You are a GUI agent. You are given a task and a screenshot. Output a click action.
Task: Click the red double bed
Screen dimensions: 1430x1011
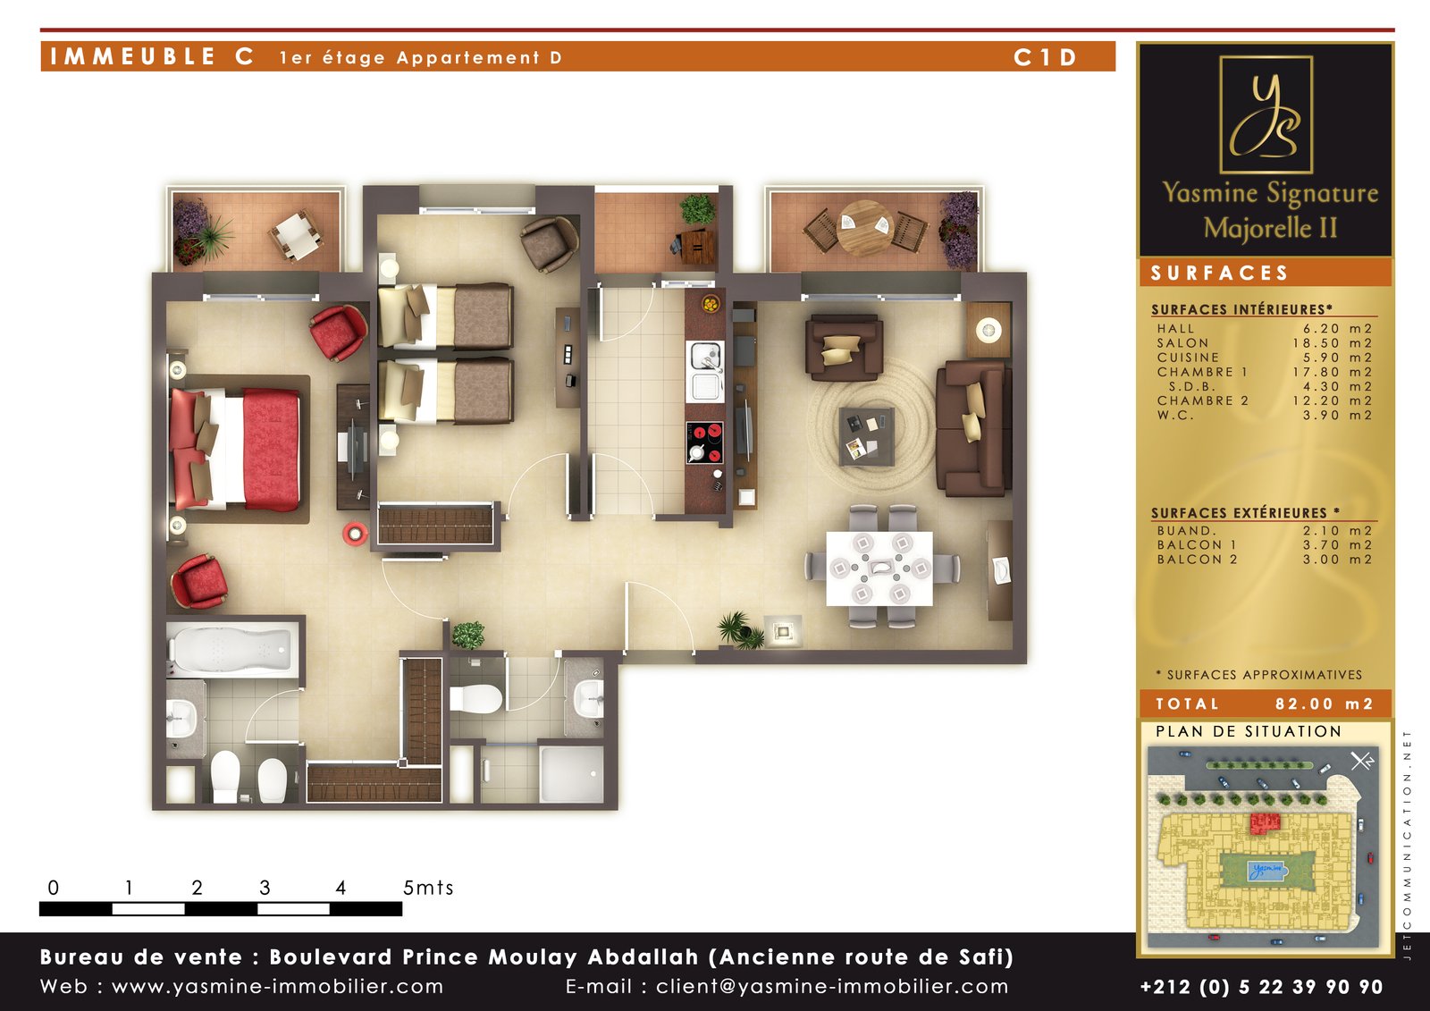point(235,450)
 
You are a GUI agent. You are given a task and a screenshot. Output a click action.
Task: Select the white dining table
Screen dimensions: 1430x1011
point(879,569)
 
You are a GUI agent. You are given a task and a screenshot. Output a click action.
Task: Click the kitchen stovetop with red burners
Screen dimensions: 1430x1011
point(705,442)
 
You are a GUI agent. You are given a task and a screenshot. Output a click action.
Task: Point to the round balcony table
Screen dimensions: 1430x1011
point(865,227)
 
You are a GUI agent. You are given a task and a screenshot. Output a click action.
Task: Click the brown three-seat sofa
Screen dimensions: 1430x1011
point(973,428)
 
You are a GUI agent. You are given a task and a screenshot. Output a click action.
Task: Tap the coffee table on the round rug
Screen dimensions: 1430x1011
point(866,437)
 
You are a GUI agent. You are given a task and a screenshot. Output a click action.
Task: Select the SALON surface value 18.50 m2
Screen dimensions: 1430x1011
point(1333,343)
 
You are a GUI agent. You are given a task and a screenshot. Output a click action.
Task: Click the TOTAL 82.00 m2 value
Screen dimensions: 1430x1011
point(1324,703)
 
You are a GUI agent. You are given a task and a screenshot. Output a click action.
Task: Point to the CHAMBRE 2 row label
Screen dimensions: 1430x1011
point(1202,400)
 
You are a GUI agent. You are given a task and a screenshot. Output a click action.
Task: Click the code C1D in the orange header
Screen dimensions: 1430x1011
point(1045,57)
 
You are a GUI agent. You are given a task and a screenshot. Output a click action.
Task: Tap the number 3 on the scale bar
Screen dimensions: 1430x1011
point(265,887)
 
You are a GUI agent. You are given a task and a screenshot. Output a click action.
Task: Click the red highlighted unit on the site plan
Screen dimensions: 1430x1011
point(1265,823)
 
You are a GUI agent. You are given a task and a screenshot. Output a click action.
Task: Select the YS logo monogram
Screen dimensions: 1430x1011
point(1266,115)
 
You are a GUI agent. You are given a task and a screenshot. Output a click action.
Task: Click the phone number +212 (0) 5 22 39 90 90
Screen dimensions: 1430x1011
point(1261,987)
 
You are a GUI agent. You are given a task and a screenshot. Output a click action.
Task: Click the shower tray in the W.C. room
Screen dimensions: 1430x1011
point(571,774)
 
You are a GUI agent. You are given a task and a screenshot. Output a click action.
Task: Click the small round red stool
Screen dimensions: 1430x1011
point(354,534)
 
